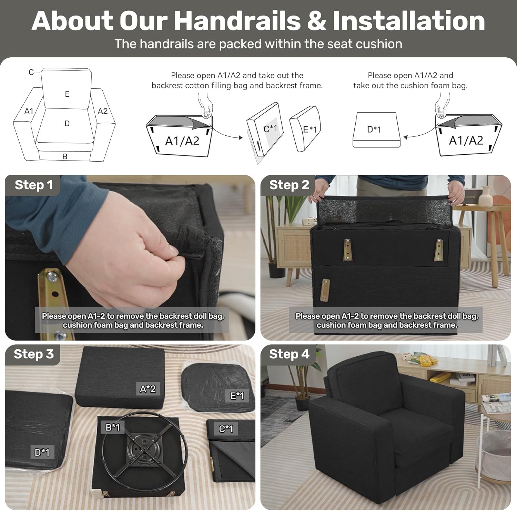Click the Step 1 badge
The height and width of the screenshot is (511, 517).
(x=33, y=185)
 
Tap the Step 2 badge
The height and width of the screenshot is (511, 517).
(x=289, y=185)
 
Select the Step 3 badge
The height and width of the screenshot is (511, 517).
(x=33, y=354)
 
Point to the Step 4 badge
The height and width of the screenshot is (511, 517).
(x=289, y=354)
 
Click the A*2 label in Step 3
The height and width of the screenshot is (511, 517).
(x=148, y=389)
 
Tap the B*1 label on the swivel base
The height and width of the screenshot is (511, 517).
(x=113, y=427)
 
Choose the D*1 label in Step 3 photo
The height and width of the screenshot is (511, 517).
(x=42, y=452)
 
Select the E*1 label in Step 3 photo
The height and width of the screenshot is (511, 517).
(x=237, y=396)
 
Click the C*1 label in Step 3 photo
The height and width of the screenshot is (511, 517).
(x=226, y=429)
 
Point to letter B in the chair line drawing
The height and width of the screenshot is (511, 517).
(x=65, y=157)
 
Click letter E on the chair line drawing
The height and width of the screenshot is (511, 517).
(x=67, y=94)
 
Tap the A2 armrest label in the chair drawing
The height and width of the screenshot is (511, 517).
(x=103, y=111)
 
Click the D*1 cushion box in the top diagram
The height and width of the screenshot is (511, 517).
(x=376, y=130)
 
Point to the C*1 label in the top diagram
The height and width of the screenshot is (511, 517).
(x=270, y=129)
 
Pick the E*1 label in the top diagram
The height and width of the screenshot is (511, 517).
(x=310, y=129)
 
